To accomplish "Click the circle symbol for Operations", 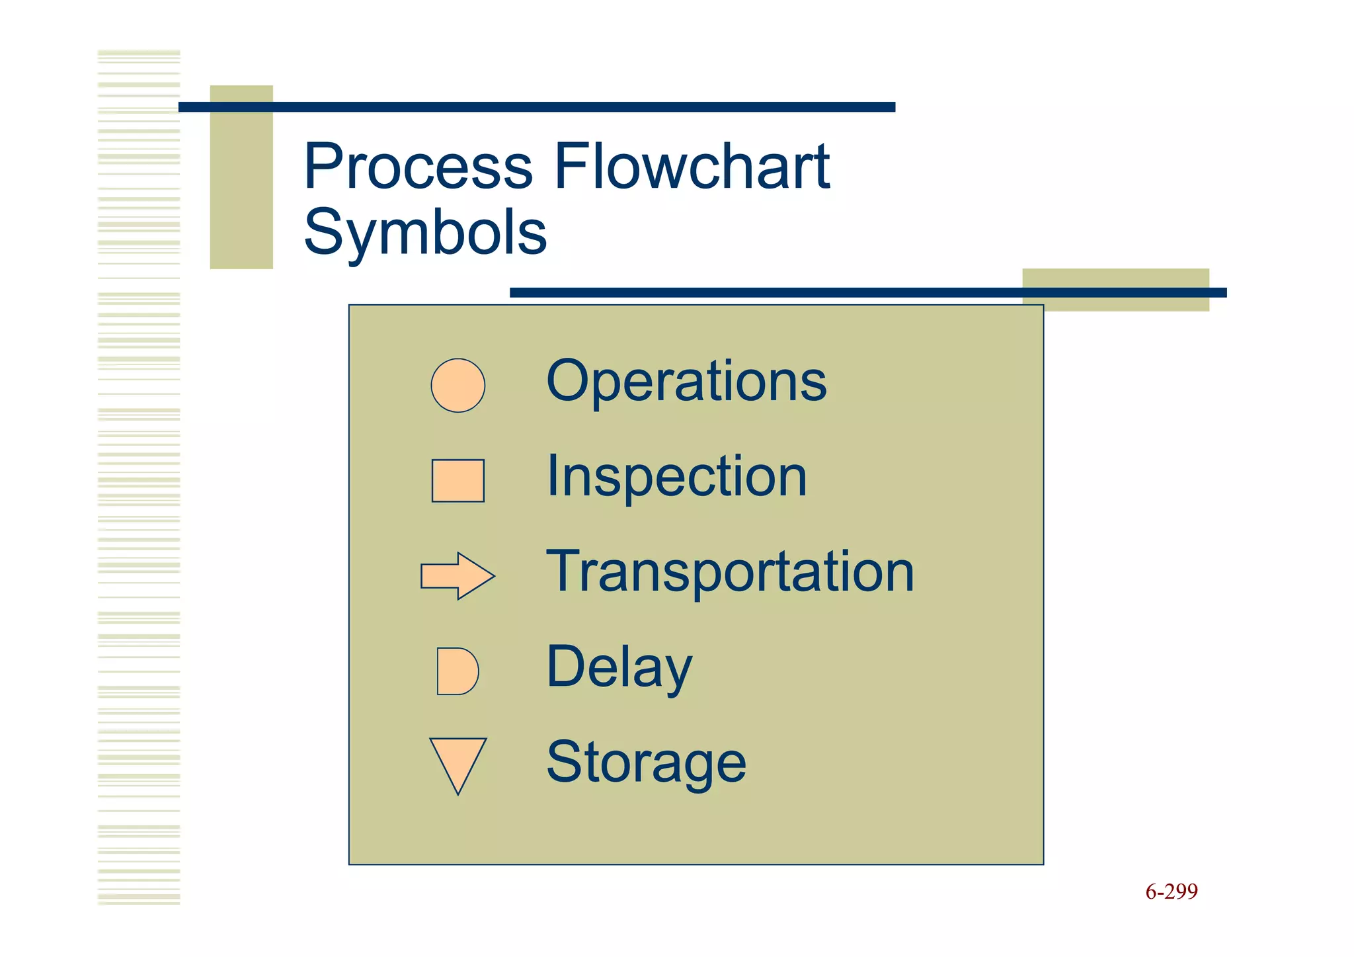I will point(458,386).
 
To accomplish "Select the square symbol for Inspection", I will point(458,481).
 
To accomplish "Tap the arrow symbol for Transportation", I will point(456,576).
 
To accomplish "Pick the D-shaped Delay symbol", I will point(456,671).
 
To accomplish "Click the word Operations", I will point(686,381).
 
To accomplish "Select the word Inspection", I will point(676,477).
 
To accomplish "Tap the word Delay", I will point(619,667).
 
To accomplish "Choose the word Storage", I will point(646,763).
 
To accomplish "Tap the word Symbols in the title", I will point(425,231).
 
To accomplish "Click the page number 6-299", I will point(1171,892).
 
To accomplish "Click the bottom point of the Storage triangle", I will point(458,792).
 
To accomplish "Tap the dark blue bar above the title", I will point(536,107).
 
